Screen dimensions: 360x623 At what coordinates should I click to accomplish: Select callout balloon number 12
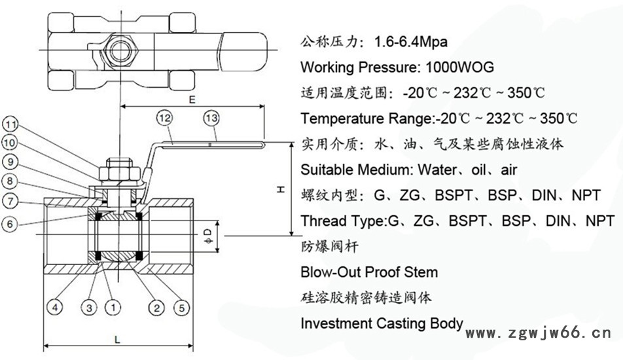[x=164, y=118]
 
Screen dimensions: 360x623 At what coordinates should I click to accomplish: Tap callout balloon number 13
[x=211, y=118]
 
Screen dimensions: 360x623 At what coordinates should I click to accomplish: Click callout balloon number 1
[x=113, y=306]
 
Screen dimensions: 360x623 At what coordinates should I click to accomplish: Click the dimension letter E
[x=192, y=100]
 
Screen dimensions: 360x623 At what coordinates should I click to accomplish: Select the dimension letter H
[x=280, y=189]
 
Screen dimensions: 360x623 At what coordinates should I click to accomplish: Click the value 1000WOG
[x=459, y=67]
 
